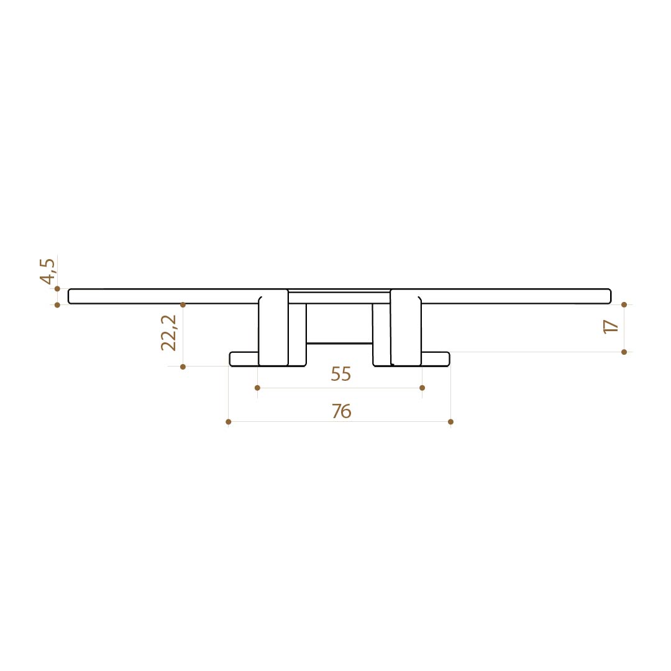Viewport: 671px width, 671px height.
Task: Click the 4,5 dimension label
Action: [47, 272]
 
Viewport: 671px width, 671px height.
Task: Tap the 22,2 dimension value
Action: [168, 333]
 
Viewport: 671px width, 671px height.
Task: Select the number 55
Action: [340, 374]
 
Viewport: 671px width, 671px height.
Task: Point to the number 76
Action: [342, 411]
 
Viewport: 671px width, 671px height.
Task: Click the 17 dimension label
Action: [611, 327]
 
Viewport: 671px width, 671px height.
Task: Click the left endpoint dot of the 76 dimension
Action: [229, 422]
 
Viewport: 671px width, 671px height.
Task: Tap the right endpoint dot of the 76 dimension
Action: [450, 422]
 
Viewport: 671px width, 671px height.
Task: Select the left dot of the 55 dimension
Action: [257, 388]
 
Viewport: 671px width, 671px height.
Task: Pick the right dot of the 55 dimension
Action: [422, 388]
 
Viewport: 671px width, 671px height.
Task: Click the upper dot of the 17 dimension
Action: [624, 304]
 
